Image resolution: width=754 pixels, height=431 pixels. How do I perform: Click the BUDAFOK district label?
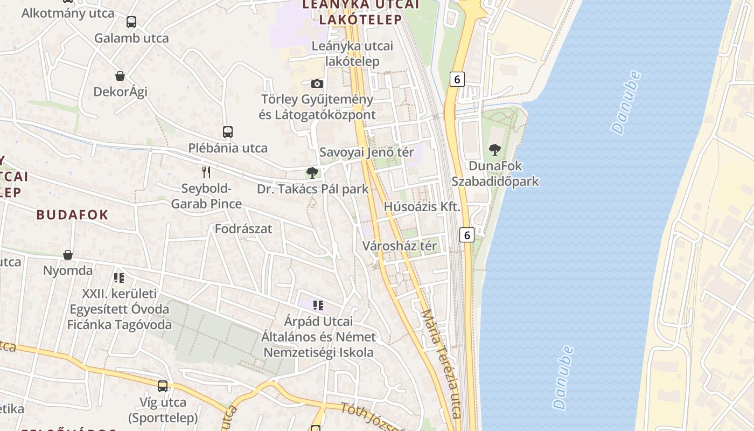point(72,214)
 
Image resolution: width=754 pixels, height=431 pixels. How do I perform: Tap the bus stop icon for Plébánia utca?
point(228,132)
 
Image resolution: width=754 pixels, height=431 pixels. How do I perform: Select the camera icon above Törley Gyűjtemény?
point(317,84)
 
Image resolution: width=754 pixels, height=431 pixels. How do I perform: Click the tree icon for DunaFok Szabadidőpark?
point(494,150)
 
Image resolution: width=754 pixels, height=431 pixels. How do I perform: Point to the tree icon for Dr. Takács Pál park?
point(312,173)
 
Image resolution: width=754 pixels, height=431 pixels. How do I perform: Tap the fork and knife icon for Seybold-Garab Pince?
point(206,172)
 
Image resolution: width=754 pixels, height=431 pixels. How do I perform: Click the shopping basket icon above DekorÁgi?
point(120,76)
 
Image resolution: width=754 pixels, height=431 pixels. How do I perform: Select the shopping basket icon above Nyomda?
point(68,254)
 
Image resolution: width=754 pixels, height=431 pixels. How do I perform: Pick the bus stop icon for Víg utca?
point(163,386)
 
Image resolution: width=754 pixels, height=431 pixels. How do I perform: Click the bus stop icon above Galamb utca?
point(131,22)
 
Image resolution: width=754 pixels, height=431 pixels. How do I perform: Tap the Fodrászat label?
point(243,229)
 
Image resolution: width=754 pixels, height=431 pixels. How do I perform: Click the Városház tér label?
point(399,246)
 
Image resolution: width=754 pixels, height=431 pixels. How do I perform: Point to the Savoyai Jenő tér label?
point(367,152)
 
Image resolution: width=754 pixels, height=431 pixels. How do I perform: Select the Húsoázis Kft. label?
point(422,207)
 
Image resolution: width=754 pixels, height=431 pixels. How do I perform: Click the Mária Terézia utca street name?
point(442,364)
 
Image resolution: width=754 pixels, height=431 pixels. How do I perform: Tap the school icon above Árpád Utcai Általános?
point(318,305)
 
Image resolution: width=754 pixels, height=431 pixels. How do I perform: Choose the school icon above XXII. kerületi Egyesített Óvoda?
point(119,278)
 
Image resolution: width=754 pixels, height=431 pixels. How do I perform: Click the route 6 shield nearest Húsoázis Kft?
point(466,235)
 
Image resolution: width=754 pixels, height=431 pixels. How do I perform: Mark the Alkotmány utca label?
point(68,13)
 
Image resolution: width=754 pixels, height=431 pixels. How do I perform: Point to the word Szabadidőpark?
point(495,182)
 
